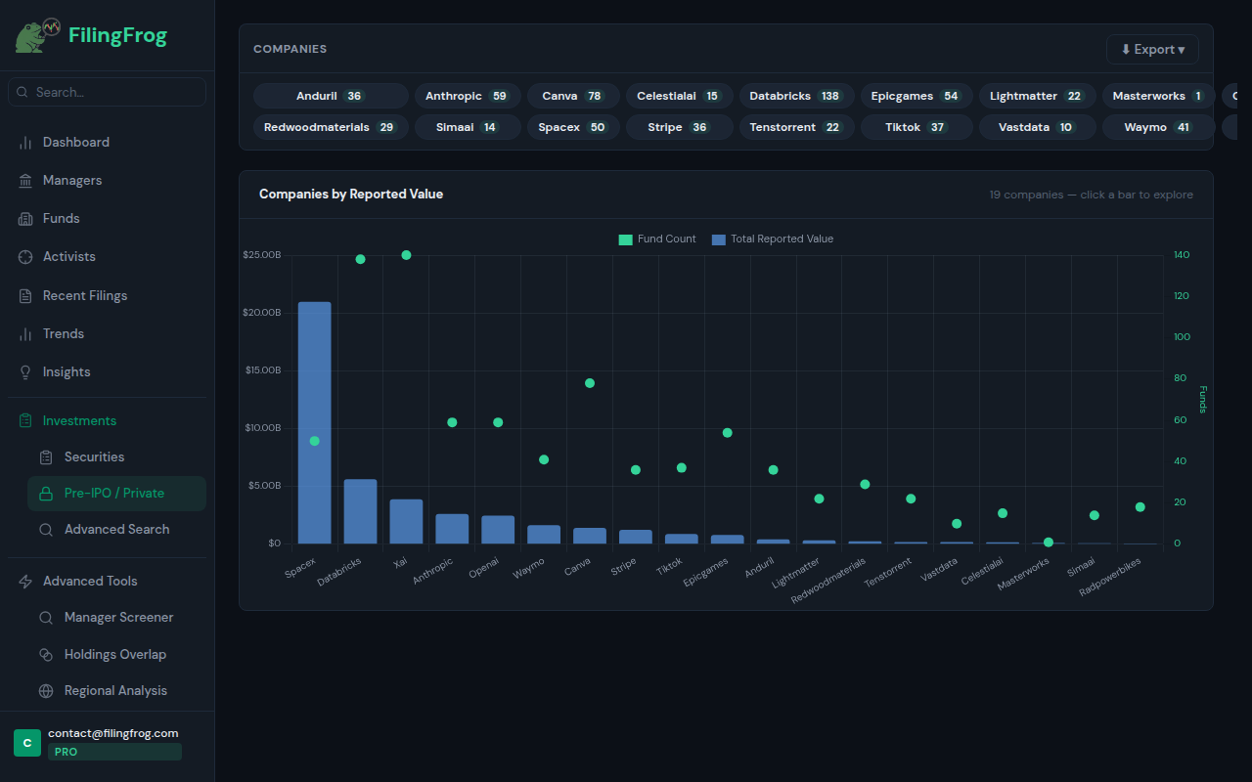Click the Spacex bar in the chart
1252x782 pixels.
[x=314, y=422]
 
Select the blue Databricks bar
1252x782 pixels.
[x=360, y=511]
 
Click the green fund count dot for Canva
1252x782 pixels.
[x=590, y=383]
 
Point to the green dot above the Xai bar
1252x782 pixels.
[x=406, y=255]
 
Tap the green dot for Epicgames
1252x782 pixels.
[x=727, y=433]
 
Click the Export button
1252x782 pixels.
[x=1152, y=50]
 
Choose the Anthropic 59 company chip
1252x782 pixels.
[x=467, y=96]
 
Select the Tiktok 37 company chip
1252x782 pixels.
[x=916, y=127]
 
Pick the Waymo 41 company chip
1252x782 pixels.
[x=1157, y=127]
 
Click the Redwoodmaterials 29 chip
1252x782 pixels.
[x=330, y=127]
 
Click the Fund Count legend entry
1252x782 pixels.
[x=657, y=239]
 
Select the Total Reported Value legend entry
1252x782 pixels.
[x=772, y=239]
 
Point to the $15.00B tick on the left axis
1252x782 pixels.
[x=262, y=370]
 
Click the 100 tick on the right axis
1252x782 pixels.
[x=1182, y=337]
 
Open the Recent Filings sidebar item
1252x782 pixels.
[x=84, y=295]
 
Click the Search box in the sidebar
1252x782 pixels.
[x=108, y=92]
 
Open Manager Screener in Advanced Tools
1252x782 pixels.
[x=118, y=617]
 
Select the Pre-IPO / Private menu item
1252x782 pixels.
[x=114, y=494]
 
